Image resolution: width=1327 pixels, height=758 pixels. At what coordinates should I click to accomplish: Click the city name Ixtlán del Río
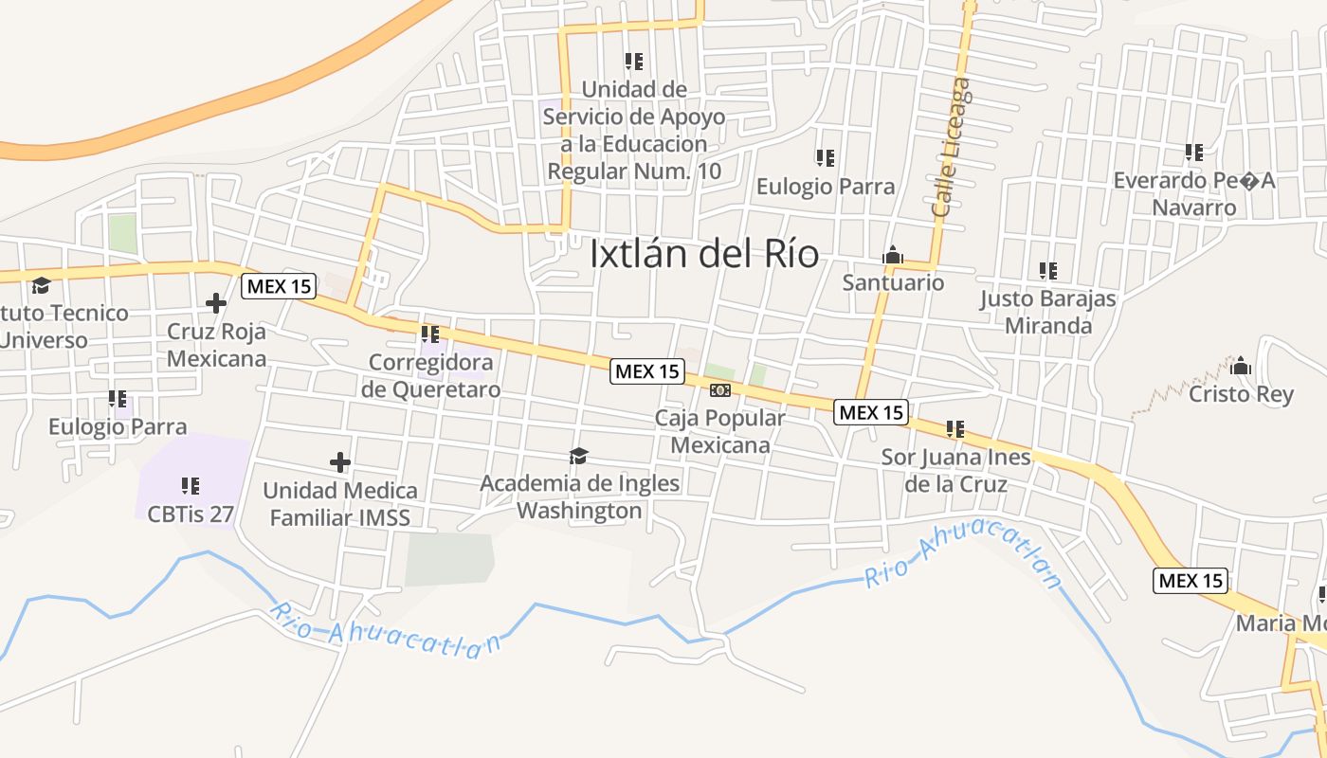click(704, 254)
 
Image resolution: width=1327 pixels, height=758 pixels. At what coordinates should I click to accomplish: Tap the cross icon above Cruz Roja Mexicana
click(216, 303)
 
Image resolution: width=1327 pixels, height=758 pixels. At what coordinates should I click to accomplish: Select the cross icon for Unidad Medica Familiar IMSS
click(340, 462)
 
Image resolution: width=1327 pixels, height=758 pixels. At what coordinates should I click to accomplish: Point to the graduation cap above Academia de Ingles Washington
click(578, 457)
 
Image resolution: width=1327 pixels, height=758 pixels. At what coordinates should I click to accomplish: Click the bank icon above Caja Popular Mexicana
click(720, 390)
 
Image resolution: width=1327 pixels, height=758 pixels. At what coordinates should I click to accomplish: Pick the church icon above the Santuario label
click(893, 255)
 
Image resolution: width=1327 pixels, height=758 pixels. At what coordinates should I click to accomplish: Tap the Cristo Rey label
click(1241, 394)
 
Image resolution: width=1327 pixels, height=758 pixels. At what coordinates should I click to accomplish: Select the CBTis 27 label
click(190, 514)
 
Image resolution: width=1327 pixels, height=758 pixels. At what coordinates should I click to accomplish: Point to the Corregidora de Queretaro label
click(431, 375)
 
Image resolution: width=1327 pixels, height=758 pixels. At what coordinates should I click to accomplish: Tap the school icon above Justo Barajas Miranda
click(1047, 271)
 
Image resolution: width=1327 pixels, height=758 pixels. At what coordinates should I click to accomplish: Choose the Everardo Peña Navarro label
click(1193, 193)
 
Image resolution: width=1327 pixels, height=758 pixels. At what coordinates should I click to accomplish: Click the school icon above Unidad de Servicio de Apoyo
click(634, 62)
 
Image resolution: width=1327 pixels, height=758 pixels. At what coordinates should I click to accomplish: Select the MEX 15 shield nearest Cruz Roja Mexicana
click(279, 286)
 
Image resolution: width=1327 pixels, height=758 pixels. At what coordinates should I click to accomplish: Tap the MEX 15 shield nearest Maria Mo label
click(1191, 580)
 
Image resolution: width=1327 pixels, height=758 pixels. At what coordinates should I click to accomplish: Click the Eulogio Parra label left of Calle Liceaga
click(825, 187)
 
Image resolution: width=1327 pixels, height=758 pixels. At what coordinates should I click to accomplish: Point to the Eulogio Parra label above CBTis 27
click(118, 426)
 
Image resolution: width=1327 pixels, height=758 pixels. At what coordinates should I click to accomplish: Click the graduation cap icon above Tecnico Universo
click(41, 285)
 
